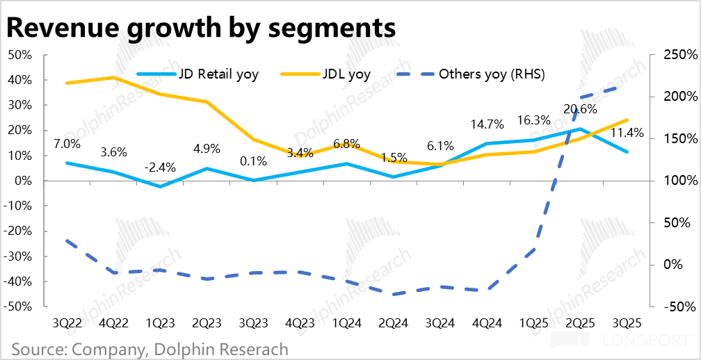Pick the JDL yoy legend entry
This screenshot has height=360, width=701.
346,74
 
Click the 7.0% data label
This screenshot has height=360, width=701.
67,145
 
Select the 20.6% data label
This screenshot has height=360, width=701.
580,109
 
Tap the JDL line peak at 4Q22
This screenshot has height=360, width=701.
113,77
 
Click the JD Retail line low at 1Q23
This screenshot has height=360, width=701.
160,186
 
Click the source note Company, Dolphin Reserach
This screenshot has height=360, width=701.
150,349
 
